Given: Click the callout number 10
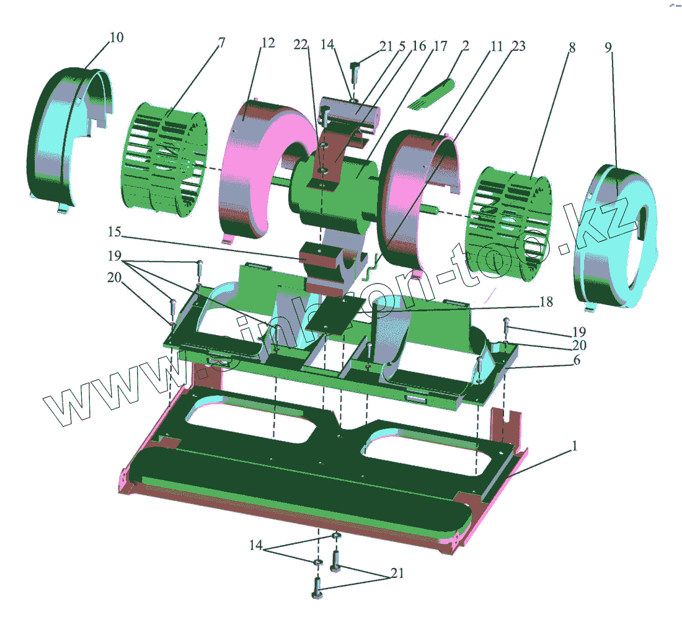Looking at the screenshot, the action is (x=117, y=37).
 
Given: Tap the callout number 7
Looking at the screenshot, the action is (x=222, y=43).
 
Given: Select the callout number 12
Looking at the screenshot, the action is (x=268, y=43).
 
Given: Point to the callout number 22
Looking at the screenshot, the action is (x=301, y=45).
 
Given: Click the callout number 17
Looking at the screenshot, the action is (x=440, y=46).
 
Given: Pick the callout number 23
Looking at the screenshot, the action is (x=518, y=46).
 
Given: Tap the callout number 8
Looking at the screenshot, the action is (x=572, y=47).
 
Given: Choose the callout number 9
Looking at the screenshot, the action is (x=608, y=47).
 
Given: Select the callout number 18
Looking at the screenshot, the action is (x=546, y=301).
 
